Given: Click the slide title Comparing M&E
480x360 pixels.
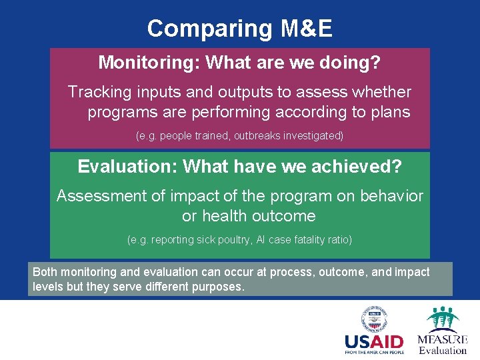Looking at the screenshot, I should point(239,29).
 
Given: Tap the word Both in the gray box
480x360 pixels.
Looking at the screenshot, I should point(45,272).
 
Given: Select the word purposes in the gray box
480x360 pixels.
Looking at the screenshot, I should point(219,287).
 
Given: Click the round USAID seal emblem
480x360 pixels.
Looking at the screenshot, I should point(375,320).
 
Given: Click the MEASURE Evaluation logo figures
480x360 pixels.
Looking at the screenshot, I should point(442,319).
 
